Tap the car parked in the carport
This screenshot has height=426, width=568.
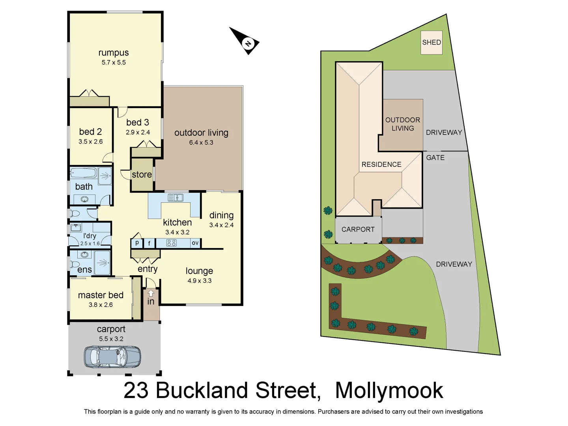tap(112, 357)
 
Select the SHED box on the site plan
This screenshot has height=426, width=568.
tap(432, 43)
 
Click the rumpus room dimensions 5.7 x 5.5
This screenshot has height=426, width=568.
tap(114, 62)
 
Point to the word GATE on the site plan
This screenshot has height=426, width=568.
tap(435, 158)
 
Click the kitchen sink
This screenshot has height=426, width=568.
tap(175, 198)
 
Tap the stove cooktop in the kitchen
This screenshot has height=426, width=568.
tap(171, 243)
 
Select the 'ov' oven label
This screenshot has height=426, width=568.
tap(195, 243)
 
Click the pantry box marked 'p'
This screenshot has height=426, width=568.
tap(137, 243)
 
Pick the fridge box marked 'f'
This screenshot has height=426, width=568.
tap(149, 243)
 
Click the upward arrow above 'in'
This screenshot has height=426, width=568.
tap(151, 293)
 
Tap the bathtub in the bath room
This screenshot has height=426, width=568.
tap(84, 174)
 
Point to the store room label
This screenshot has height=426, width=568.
tap(142, 174)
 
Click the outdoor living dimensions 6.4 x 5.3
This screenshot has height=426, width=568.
tap(201, 142)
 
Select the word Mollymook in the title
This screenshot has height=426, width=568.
tap(389, 390)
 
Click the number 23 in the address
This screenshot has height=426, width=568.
tap(136, 390)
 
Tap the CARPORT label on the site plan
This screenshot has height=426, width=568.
tap(358, 230)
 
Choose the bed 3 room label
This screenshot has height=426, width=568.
tap(138, 122)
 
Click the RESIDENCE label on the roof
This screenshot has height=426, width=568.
tap(381, 164)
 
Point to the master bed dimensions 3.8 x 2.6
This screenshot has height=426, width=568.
tap(101, 305)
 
